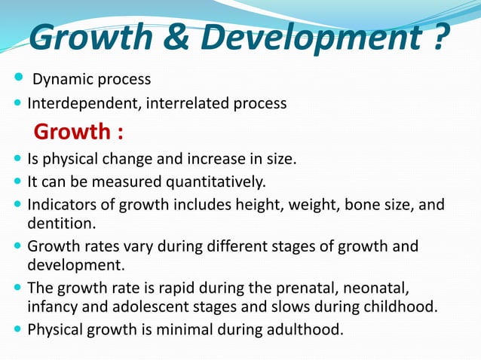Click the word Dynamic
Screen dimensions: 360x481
pos(58,79)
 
